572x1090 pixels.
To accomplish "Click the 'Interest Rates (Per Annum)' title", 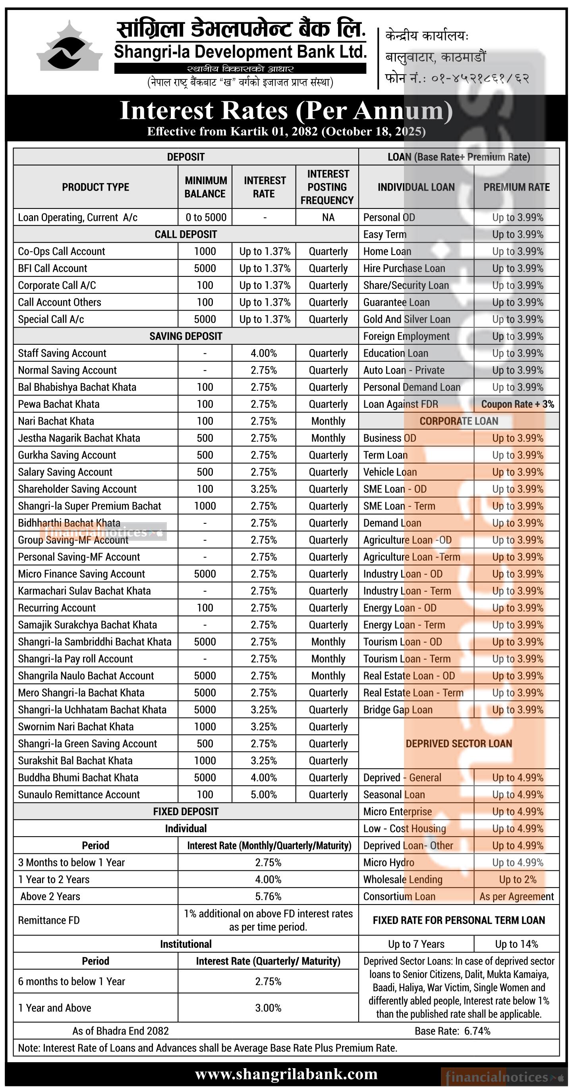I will (286, 110).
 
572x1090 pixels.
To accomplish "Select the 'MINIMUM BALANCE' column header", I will (205, 187).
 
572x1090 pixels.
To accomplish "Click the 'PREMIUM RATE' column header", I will (516, 187).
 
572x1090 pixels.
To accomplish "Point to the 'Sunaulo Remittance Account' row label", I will (79, 794).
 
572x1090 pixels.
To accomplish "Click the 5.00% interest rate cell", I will (263, 794).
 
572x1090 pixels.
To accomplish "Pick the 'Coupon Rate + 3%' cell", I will (517, 404).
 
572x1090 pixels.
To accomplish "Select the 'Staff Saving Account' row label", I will (62, 353).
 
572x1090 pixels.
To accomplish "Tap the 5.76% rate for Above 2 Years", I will (268, 896).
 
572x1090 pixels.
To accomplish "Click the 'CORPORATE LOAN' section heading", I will (458, 421).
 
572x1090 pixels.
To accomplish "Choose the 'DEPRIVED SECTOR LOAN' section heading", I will (458, 743).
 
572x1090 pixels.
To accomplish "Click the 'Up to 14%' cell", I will (516, 944).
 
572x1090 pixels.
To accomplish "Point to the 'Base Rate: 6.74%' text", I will (452, 1031).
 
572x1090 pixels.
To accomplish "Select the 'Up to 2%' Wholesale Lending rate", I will (517, 879).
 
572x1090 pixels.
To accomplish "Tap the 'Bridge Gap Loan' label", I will (398, 710).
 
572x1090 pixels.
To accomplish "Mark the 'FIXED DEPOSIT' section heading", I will (186, 811).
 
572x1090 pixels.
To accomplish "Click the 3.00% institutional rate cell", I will (268, 1007).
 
